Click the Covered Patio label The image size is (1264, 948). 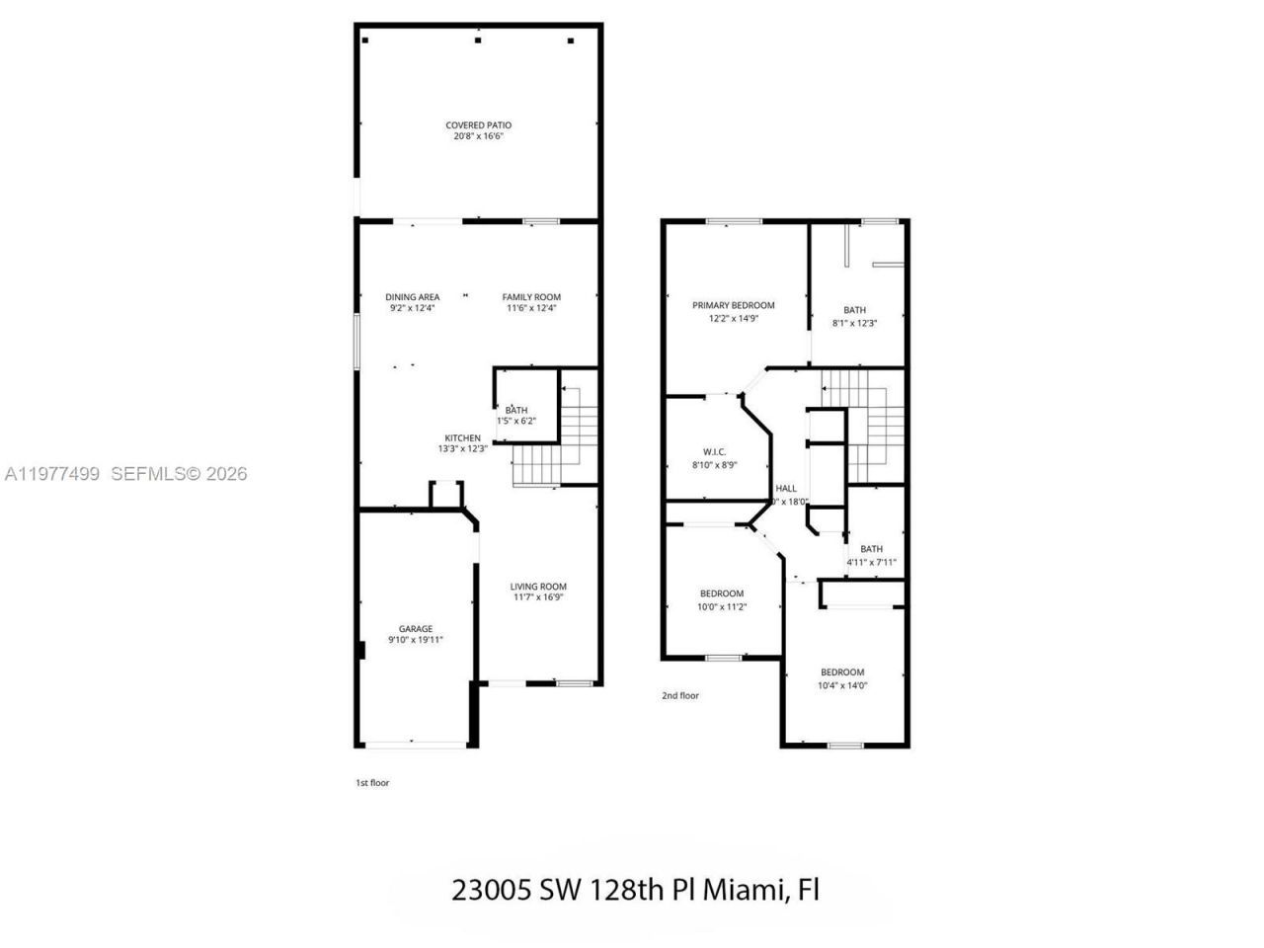click(x=478, y=125)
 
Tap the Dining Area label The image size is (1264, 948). click(x=412, y=297)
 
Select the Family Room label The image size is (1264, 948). click(x=531, y=297)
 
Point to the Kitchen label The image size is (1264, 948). click(x=462, y=438)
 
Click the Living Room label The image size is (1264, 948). click(x=538, y=587)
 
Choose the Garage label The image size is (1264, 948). click(x=416, y=629)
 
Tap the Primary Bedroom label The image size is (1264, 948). click(x=733, y=306)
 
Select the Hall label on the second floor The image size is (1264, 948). click(x=786, y=489)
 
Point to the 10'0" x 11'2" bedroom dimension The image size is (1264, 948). click(x=721, y=607)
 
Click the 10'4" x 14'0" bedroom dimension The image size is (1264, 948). click(x=842, y=686)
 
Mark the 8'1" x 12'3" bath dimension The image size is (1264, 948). click(x=854, y=323)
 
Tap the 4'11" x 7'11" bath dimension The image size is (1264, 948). click(x=871, y=563)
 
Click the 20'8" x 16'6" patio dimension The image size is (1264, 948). click(x=478, y=137)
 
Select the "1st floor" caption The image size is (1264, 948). click(x=372, y=783)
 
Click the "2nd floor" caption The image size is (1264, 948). click(x=679, y=696)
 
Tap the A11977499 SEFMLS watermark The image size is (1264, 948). click(x=124, y=474)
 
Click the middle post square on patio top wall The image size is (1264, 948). click(x=478, y=40)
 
